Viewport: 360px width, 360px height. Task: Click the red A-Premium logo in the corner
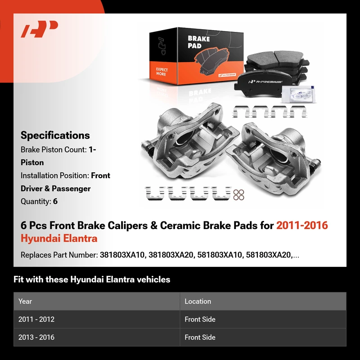(x=39, y=29)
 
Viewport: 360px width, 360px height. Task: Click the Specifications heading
(x=55, y=135)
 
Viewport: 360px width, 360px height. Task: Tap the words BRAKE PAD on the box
(x=198, y=42)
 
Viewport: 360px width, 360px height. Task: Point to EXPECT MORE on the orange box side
(x=162, y=72)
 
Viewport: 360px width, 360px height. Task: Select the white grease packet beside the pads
(x=298, y=94)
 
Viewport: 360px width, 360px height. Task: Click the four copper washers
(x=238, y=195)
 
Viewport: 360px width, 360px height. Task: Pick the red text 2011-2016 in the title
(x=302, y=225)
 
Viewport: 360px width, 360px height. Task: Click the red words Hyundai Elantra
(x=59, y=238)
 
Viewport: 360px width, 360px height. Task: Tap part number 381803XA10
(x=122, y=255)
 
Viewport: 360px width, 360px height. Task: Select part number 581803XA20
(x=268, y=255)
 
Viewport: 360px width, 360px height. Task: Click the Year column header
(x=25, y=301)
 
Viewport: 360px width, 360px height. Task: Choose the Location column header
(x=198, y=301)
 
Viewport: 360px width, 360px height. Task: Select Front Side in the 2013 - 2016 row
(x=200, y=337)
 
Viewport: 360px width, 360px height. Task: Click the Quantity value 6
(x=55, y=201)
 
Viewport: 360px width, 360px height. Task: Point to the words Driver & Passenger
(x=55, y=189)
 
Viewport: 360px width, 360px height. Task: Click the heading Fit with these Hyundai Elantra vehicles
(x=92, y=279)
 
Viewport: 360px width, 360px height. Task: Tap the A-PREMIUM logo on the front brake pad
(x=265, y=82)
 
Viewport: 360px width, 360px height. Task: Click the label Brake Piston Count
(x=54, y=150)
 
